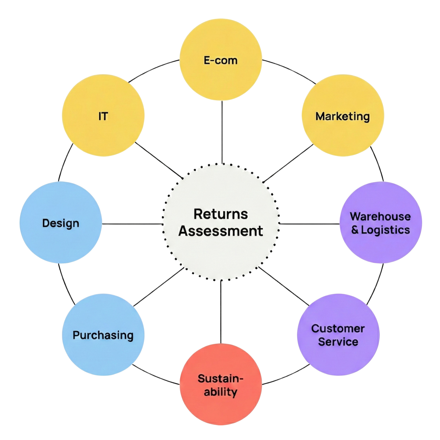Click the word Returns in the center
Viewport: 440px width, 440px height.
click(221, 214)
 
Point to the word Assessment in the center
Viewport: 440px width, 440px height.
click(221, 231)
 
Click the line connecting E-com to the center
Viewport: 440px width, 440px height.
click(222, 132)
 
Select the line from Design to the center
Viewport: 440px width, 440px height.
click(132, 224)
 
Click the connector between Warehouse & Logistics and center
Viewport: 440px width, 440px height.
click(309, 224)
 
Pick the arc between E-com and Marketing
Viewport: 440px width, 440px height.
click(290, 70)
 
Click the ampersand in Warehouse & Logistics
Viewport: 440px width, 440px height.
click(355, 230)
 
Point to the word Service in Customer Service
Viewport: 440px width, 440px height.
click(338, 342)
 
